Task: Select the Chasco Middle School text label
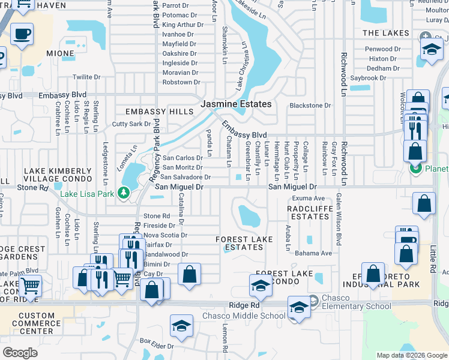(243, 316)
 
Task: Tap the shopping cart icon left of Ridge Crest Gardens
(28, 286)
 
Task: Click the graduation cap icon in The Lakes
(431, 50)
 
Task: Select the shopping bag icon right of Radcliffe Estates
(424, 204)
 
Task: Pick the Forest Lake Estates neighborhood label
(244, 243)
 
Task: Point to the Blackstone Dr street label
(310, 106)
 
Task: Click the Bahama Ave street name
(313, 253)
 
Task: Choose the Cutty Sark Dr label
(131, 124)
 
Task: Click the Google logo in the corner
(20, 353)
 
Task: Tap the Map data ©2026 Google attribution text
(412, 355)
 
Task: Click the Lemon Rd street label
(225, 339)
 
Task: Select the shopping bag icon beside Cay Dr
(189, 275)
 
